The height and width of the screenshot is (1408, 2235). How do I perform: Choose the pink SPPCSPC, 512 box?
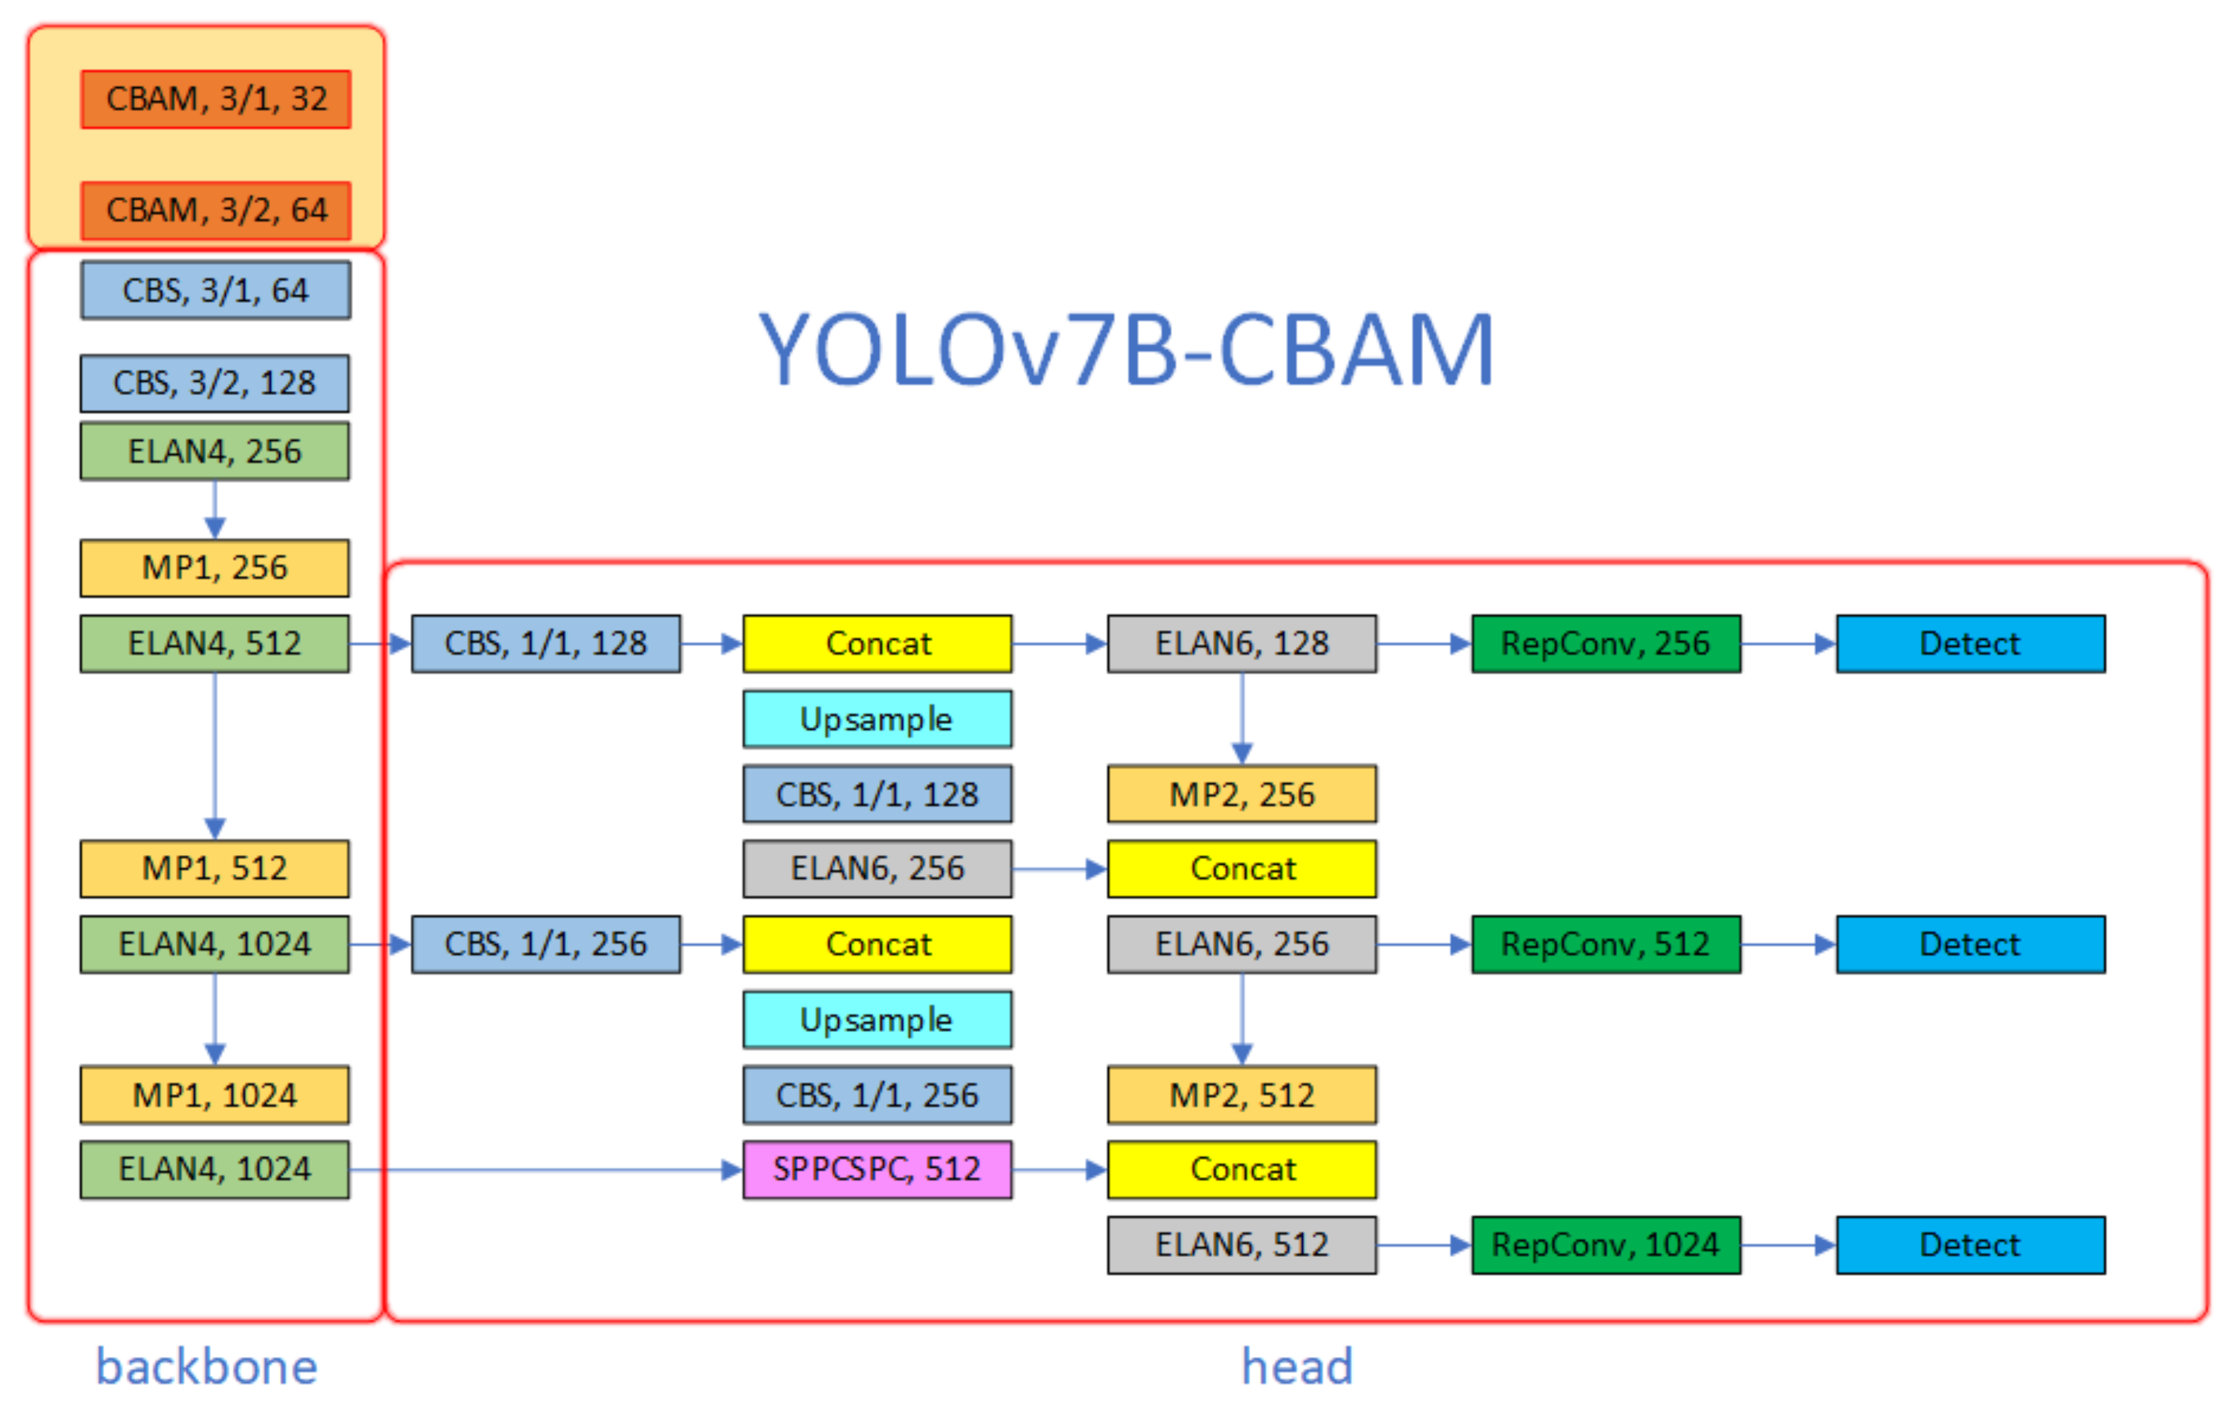(877, 1170)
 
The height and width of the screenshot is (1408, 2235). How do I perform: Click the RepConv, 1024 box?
(1606, 1245)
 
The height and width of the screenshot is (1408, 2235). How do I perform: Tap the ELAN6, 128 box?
(1242, 644)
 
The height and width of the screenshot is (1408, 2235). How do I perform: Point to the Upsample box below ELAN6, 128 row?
(877, 719)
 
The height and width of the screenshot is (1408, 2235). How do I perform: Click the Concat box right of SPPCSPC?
(1242, 1170)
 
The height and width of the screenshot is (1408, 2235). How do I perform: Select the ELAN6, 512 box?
(1242, 1245)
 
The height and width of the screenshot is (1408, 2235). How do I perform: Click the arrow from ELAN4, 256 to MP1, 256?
(216, 511)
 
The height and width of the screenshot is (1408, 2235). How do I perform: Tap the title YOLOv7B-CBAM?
(1125, 350)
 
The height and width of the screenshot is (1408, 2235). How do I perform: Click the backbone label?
(207, 1367)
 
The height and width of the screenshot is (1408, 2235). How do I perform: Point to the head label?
(1297, 1367)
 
